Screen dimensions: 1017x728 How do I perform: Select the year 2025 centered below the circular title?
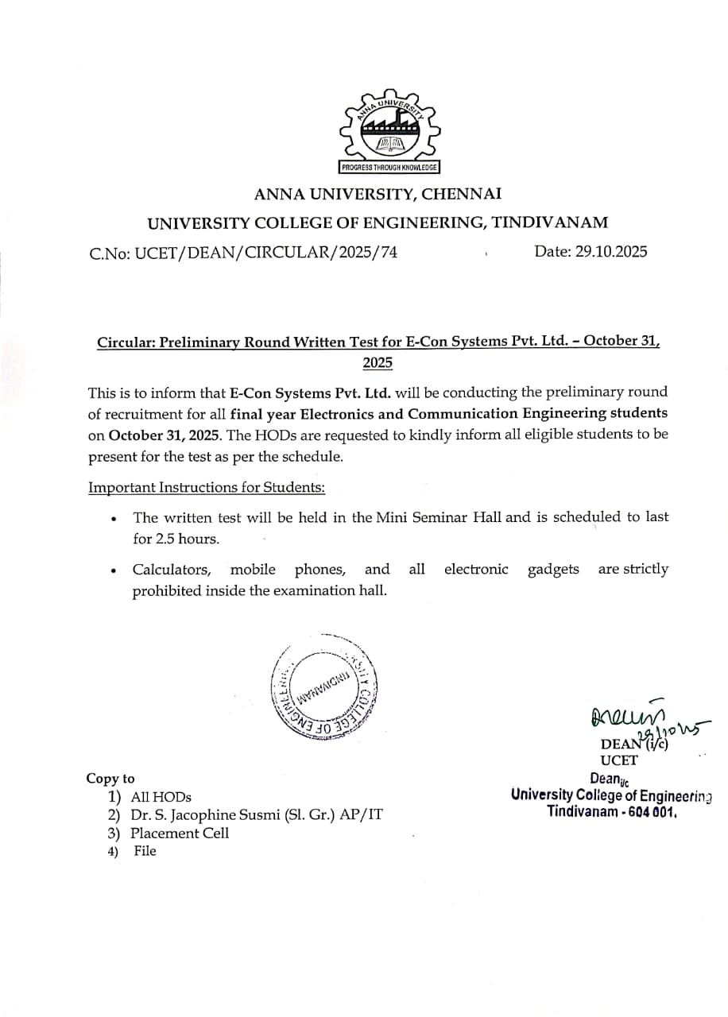click(x=378, y=363)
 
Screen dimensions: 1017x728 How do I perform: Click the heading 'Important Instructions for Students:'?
click(x=207, y=487)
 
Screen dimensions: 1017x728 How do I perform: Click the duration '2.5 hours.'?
click(x=176, y=539)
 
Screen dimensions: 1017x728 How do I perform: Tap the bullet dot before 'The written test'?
click(x=115, y=519)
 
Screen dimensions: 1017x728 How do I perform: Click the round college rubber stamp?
click(x=325, y=686)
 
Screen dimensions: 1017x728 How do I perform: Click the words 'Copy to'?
click(x=110, y=779)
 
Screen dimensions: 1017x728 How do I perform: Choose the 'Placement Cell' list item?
click(x=180, y=833)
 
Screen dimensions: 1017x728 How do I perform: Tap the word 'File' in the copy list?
click(x=145, y=852)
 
